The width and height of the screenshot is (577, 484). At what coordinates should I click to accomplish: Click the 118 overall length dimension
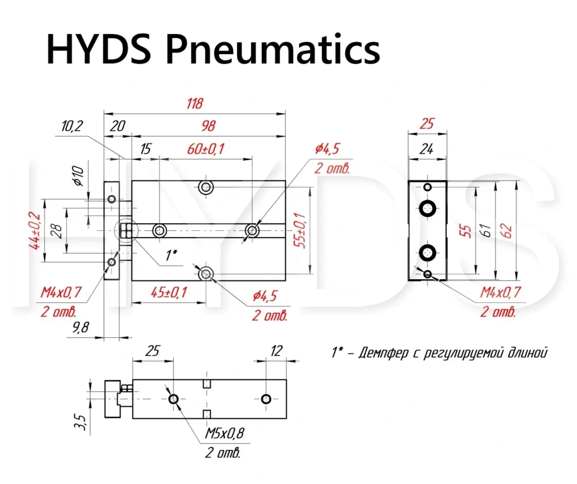[194, 103]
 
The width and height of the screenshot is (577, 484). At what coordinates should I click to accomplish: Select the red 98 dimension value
[208, 126]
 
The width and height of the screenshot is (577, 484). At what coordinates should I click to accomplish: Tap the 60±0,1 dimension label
[206, 149]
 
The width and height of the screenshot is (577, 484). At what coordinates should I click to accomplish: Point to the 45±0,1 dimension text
[169, 292]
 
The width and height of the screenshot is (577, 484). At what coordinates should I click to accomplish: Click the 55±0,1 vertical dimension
[301, 231]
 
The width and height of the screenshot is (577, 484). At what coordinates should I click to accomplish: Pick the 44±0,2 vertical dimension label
[35, 231]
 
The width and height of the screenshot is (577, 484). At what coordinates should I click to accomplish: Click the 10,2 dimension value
[72, 126]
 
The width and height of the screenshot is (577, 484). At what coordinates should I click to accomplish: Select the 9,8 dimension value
[81, 327]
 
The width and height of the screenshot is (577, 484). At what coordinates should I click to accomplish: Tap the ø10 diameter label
[78, 176]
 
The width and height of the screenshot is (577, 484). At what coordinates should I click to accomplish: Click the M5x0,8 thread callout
[224, 433]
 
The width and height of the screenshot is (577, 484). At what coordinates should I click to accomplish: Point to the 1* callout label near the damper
[171, 254]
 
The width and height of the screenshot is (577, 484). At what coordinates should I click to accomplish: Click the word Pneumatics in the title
[273, 49]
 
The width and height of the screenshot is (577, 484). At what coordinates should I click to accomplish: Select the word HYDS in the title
[99, 49]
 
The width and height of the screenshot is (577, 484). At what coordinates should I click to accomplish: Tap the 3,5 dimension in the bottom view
[80, 422]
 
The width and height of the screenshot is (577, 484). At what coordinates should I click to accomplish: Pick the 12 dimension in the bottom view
[276, 351]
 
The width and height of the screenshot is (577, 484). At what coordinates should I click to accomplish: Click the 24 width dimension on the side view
[426, 149]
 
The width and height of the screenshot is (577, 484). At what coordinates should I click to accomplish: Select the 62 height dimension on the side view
[507, 231]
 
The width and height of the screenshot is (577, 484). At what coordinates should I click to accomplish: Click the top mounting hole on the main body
[206, 187]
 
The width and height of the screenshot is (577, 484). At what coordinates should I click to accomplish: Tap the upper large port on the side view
[428, 209]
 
